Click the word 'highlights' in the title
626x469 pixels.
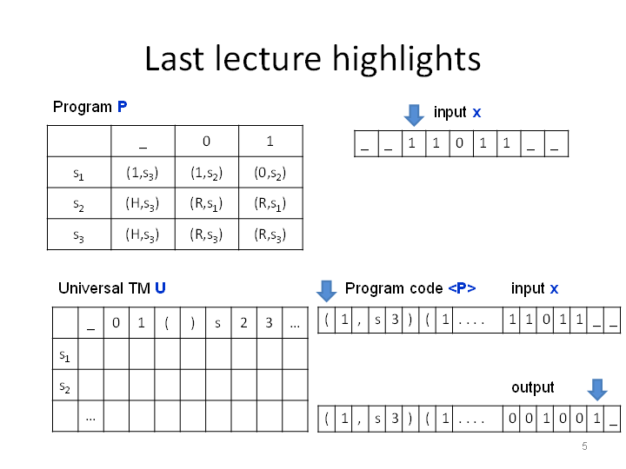(x=406, y=59)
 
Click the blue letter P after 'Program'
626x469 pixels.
(x=123, y=107)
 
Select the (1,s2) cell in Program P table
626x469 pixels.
(x=206, y=173)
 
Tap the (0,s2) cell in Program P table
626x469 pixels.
(x=270, y=173)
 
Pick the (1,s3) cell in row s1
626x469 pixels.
(x=143, y=173)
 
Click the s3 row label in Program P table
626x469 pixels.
(x=78, y=235)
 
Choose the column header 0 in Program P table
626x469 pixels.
(x=206, y=142)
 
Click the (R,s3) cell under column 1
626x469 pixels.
(x=270, y=234)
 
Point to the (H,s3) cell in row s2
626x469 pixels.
(x=143, y=204)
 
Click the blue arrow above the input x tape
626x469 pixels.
(x=414, y=116)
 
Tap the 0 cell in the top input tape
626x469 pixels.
(x=460, y=142)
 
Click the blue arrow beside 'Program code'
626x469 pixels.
(x=327, y=291)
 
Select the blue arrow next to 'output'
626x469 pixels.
(x=597, y=390)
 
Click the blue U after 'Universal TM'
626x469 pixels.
(x=160, y=288)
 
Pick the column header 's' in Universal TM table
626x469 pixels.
(x=217, y=323)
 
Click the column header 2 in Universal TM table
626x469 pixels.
(x=243, y=322)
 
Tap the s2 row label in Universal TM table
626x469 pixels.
(x=64, y=386)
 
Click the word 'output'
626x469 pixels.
(x=533, y=387)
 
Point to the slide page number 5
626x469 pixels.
(x=584, y=446)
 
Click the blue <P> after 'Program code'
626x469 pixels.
(x=462, y=288)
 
